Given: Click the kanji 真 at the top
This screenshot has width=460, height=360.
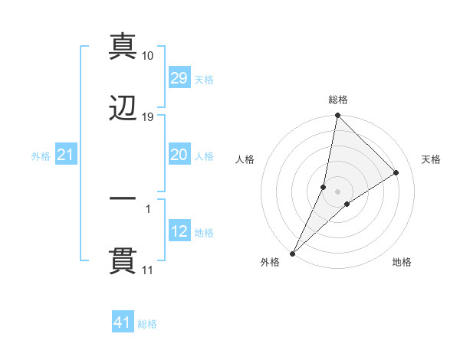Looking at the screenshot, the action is tap(123, 45).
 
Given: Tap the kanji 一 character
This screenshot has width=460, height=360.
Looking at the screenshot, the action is tap(123, 198).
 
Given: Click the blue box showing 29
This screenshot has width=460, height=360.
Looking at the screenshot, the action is tap(179, 78).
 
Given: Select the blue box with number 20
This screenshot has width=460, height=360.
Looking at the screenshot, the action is tap(179, 155).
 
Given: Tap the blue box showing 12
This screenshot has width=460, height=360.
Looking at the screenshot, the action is tap(179, 231).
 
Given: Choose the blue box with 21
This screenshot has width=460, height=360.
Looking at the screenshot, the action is tap(65, 155).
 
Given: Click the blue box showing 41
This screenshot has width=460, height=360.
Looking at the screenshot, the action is tap(123, 322).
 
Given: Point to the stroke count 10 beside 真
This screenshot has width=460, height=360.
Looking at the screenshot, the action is tap(148, 56).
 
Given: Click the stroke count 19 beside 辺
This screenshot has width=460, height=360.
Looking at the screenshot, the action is tap(148, 117).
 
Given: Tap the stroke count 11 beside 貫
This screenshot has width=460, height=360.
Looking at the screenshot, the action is tap(148, 270).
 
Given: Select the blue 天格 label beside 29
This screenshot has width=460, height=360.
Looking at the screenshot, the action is tap(204, 80).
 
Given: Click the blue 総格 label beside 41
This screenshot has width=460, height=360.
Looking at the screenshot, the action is tap(147, 324).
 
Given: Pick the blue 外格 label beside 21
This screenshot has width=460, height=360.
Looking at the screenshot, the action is tap(41, 156).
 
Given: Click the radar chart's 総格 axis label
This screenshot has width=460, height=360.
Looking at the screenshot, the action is tap(338, 100).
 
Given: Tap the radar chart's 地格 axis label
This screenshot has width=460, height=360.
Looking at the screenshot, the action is tap(402, 263).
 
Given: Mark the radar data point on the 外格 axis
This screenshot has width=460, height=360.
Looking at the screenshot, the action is tap(292, 253).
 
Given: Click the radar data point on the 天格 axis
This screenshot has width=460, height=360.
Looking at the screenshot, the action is tap(396, 173).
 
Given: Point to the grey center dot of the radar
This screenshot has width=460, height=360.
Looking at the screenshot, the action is tap(338, 191).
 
